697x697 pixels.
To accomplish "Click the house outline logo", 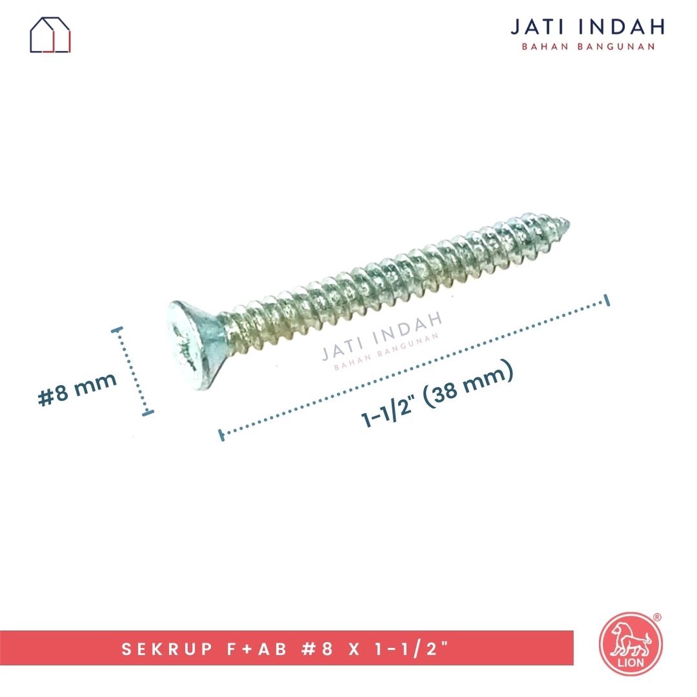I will click(x=50, y=35).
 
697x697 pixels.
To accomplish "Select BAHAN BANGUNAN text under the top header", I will click(x=587, y=47).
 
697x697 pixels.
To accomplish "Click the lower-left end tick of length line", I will click(x=221, y=434).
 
